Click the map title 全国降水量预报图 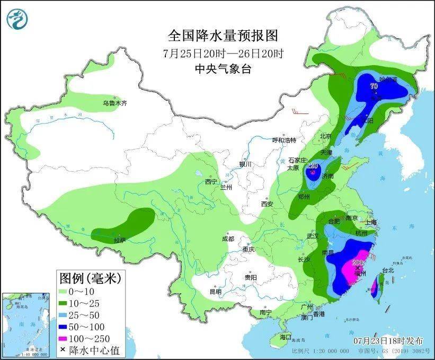coord(223,36)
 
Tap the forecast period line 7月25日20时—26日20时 coord(223,53)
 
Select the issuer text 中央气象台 coord(223,68)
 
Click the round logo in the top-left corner coord(17,19)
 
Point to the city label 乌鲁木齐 coord(115,103)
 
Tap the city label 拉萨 coord(120,240)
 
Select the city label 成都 coord(229,238)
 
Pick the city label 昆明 coord(215,292)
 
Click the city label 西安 coord(267,204)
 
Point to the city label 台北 coord(388,270)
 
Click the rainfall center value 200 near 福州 coord(358,262)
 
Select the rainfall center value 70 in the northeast coord(374,86)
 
